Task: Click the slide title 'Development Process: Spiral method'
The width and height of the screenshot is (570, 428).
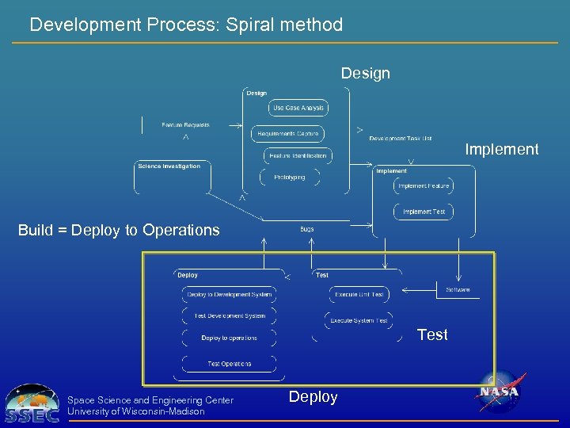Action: (186, 25)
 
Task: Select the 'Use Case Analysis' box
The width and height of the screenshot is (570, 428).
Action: (298, 108)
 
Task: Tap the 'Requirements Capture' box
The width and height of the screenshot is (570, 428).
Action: (287, 134)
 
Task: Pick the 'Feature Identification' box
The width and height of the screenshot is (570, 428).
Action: (297, 155)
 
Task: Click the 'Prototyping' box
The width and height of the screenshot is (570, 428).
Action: (289, 178)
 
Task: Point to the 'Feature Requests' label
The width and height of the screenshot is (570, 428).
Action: (185, 125)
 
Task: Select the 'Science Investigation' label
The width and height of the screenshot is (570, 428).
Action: (169, 166)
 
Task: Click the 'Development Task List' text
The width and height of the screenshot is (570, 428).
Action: (401, 139)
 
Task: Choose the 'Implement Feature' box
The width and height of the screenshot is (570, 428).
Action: (424, 186)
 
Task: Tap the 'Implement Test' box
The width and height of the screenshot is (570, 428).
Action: (424, 212)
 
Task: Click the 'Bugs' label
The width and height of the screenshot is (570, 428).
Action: (307, 229)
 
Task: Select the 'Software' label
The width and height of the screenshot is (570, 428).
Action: (458, 290)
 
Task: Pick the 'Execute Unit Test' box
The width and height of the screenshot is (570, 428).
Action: (359, 295)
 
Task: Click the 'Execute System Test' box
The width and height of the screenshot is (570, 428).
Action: (359, 321)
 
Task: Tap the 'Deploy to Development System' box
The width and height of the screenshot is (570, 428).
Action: (229, 295)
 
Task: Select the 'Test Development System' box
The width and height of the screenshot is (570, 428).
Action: (229, 316)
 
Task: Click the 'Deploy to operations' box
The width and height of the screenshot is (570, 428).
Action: (229, 338)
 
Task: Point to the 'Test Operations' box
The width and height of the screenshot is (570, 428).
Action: (229, 364)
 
